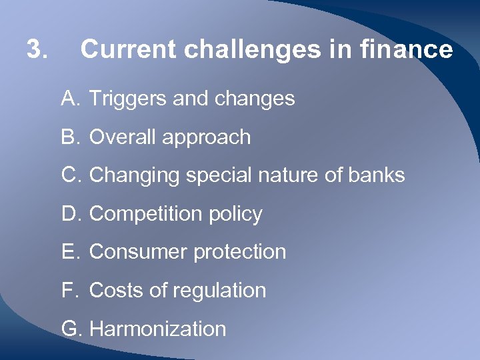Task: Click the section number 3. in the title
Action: (x=37, y=49)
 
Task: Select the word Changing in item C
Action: (x=135, y=175)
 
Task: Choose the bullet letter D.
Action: (x=70, y=214)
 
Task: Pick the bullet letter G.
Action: (x=71, y=329)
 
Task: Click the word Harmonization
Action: (x=157, y=329)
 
